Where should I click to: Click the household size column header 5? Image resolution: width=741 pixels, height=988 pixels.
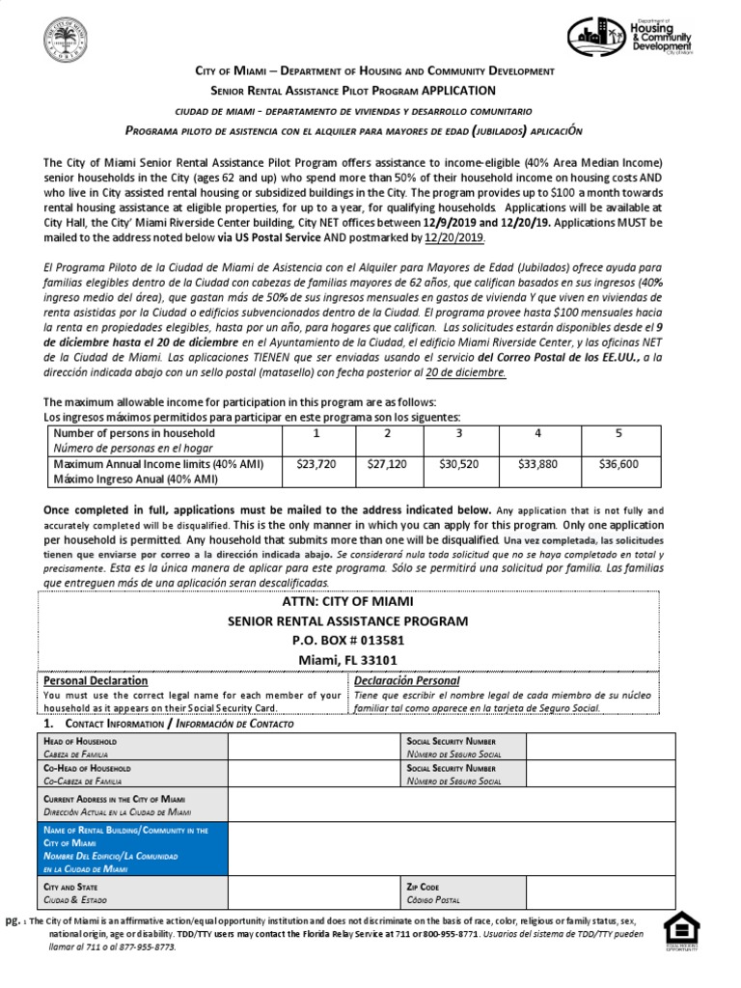point(618,433)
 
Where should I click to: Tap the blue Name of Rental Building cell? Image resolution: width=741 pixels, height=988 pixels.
point(131,849)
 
